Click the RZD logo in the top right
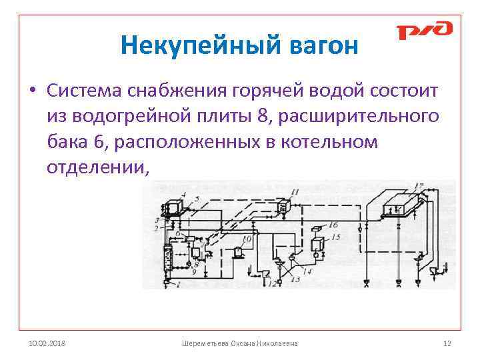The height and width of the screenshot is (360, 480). coord(424,31)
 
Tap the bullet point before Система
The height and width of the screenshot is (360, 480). coord(32,90)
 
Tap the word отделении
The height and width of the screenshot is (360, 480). coord(95,168)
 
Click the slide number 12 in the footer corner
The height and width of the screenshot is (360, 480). coord(447,343)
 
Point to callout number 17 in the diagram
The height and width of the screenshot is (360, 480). coord(418,185)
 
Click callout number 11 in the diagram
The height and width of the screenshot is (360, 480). coord(294,193)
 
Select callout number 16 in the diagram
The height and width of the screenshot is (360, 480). coord(333,225)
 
